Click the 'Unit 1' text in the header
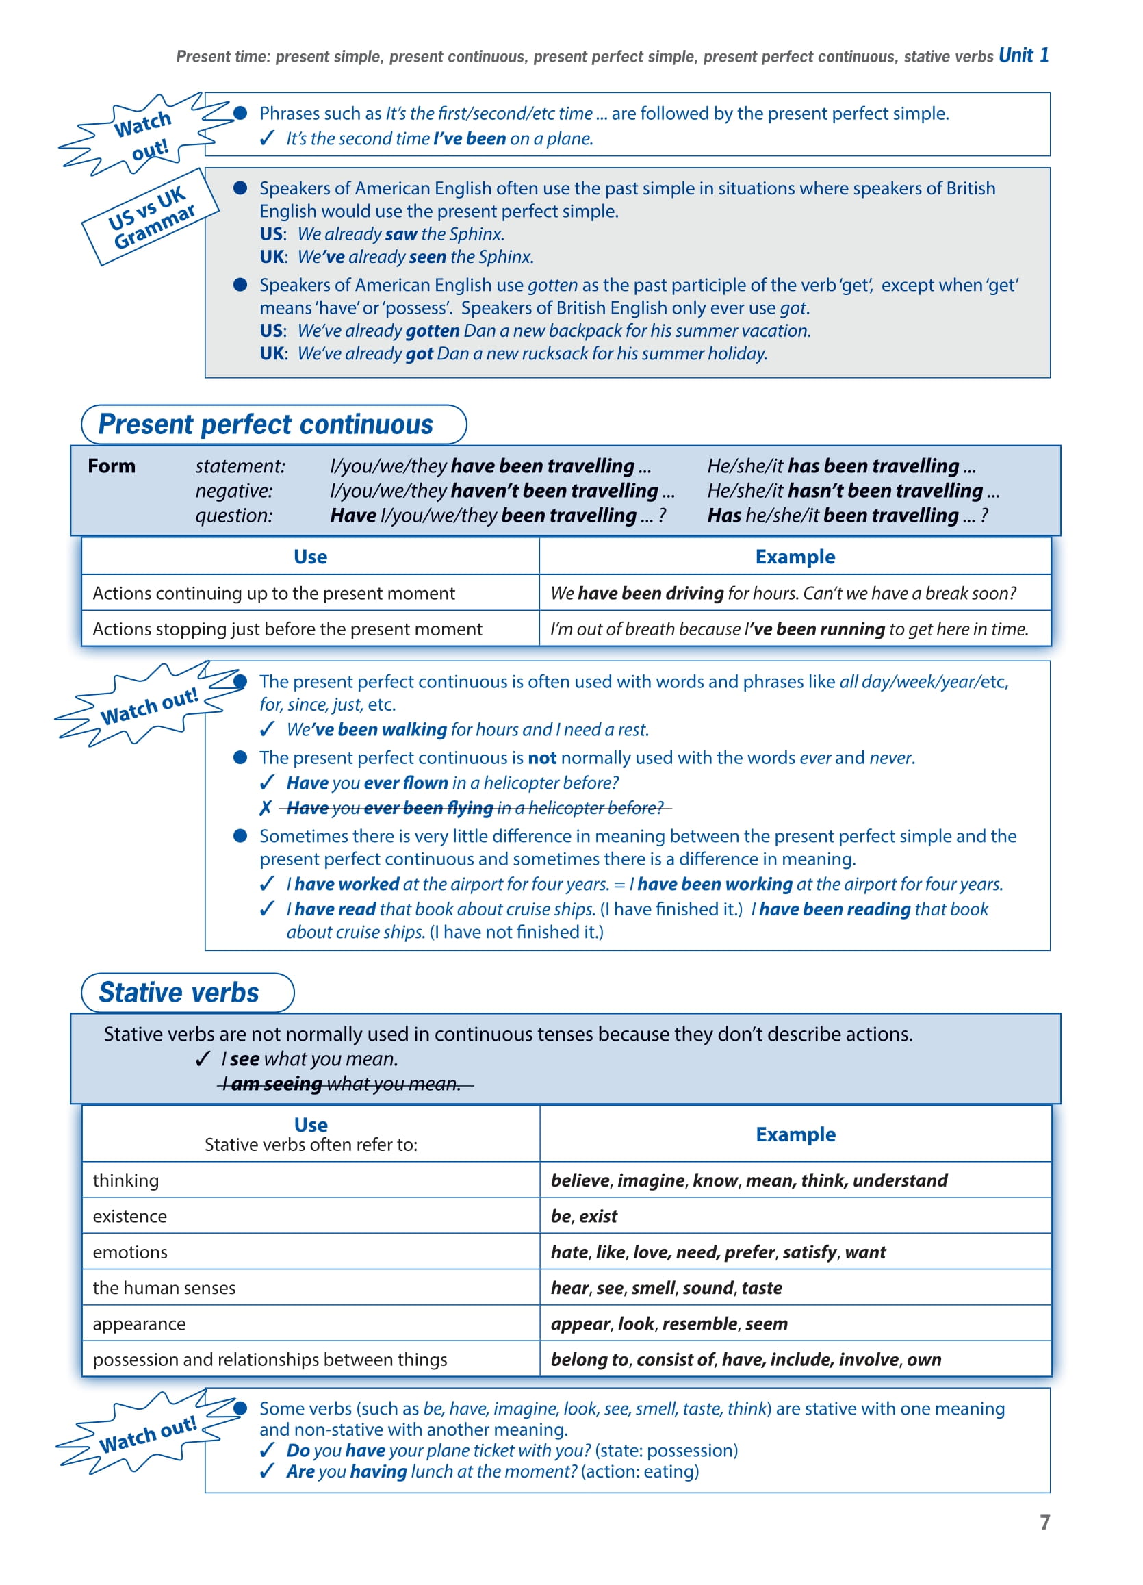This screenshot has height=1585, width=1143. click(x=1023, y=55)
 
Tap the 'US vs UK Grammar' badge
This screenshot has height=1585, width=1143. click(x=151, y=216)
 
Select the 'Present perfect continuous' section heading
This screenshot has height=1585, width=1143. click(x=266, y=424)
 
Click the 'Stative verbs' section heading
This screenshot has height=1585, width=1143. click(x=179, y=992)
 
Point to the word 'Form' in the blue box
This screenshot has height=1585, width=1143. click(x=112, y=466)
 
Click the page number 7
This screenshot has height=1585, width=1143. click(x=1044, y=1522)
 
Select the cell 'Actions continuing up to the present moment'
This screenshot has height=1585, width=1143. click(x=274, y=594)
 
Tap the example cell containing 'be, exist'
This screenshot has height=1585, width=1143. click(x=584, y=1216)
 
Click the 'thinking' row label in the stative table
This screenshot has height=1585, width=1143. click(x=126, y=1180)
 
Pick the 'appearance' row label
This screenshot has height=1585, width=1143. click(x=139, y=1323)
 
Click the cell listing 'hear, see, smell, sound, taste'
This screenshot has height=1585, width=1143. click(x=666, y=1288)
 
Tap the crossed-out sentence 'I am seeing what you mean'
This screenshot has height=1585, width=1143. click(x=345, y=1084)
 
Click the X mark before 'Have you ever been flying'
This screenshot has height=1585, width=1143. click(x=266, y=809)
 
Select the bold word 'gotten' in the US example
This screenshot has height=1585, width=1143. click(x=432, y=331)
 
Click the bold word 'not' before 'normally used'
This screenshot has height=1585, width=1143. click(x=542, y=757)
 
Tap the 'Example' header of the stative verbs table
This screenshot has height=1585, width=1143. click(x=795, y=1134)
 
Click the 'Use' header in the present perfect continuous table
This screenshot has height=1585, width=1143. click(x=310, y=557)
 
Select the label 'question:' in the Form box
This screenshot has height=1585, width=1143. click(x=234, y=516)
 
